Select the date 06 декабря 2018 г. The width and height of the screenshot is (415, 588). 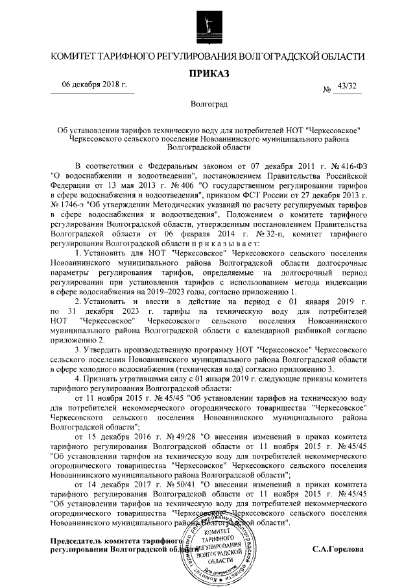point(94,86)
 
